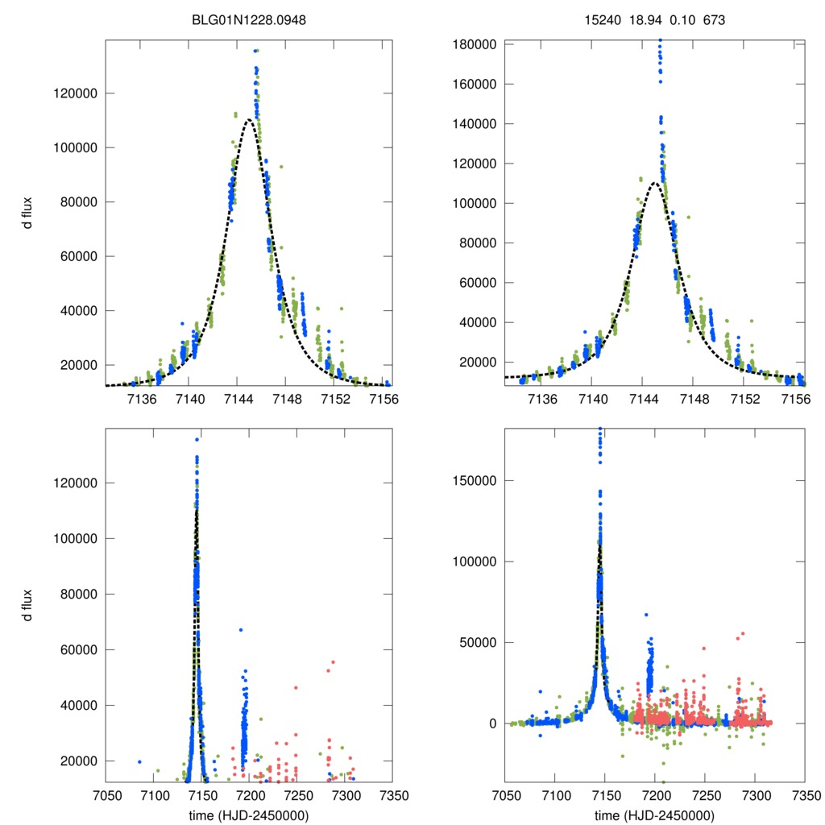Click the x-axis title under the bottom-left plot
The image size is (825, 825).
coord(249,815)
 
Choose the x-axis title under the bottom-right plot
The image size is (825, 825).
coord(654,815)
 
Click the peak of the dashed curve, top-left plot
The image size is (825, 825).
coord(249,119)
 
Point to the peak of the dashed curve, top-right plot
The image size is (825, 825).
coord(654,183)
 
